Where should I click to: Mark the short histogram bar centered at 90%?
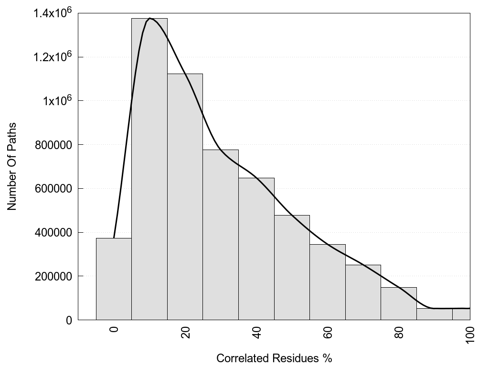(x=434, y=314)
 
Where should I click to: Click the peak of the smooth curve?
(x=150, y=18)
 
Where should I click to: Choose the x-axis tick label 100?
(x=470, y=332)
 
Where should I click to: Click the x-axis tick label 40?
(x=256, y=332)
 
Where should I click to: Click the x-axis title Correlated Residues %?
(x=274, y=358)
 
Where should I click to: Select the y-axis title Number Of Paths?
(x=12, y=166)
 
